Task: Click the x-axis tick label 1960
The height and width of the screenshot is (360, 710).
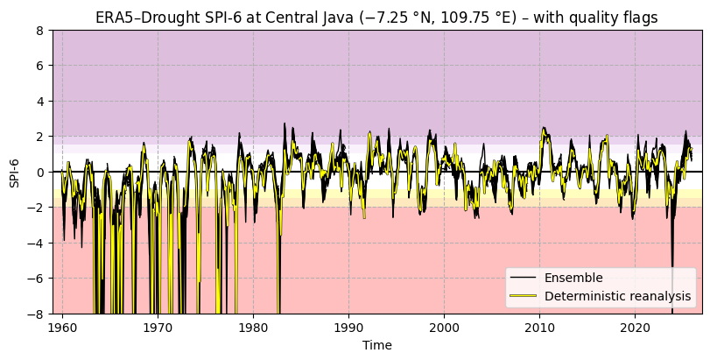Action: tap(62, 327)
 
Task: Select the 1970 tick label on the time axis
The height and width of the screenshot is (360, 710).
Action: tap(158, 327)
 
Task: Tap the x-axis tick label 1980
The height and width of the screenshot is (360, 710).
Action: tap(253, 327)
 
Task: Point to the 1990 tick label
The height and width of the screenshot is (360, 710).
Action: tap(348, 327)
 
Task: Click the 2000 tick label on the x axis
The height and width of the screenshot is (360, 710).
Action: tap(444, 327)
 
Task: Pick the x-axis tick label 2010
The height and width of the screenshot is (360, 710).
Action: tap(539, 327)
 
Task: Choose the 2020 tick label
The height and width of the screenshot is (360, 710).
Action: tap(635, 327)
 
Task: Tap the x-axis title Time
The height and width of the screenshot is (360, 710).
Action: tap(377, 345)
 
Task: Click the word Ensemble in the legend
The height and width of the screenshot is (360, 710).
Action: tap(573, 278)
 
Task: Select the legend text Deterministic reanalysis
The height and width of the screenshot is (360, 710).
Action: tap(617, 296)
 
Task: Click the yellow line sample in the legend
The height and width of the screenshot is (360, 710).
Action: tap(523, 296)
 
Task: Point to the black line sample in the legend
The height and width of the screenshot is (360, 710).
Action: tap(523, 278)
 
